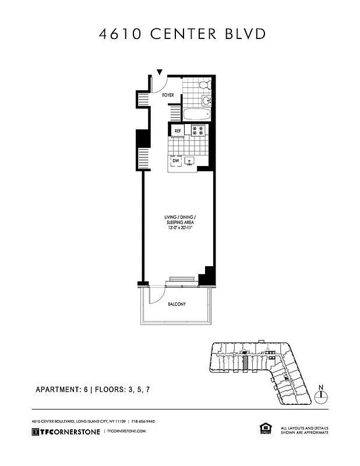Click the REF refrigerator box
coord(177,130)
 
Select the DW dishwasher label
coord(175,160)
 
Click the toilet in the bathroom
coord(204,85)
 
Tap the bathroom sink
coord(206,101)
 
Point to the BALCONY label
coord(177,304)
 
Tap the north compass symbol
coord(321,396)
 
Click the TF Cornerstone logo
coord(65,431)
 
